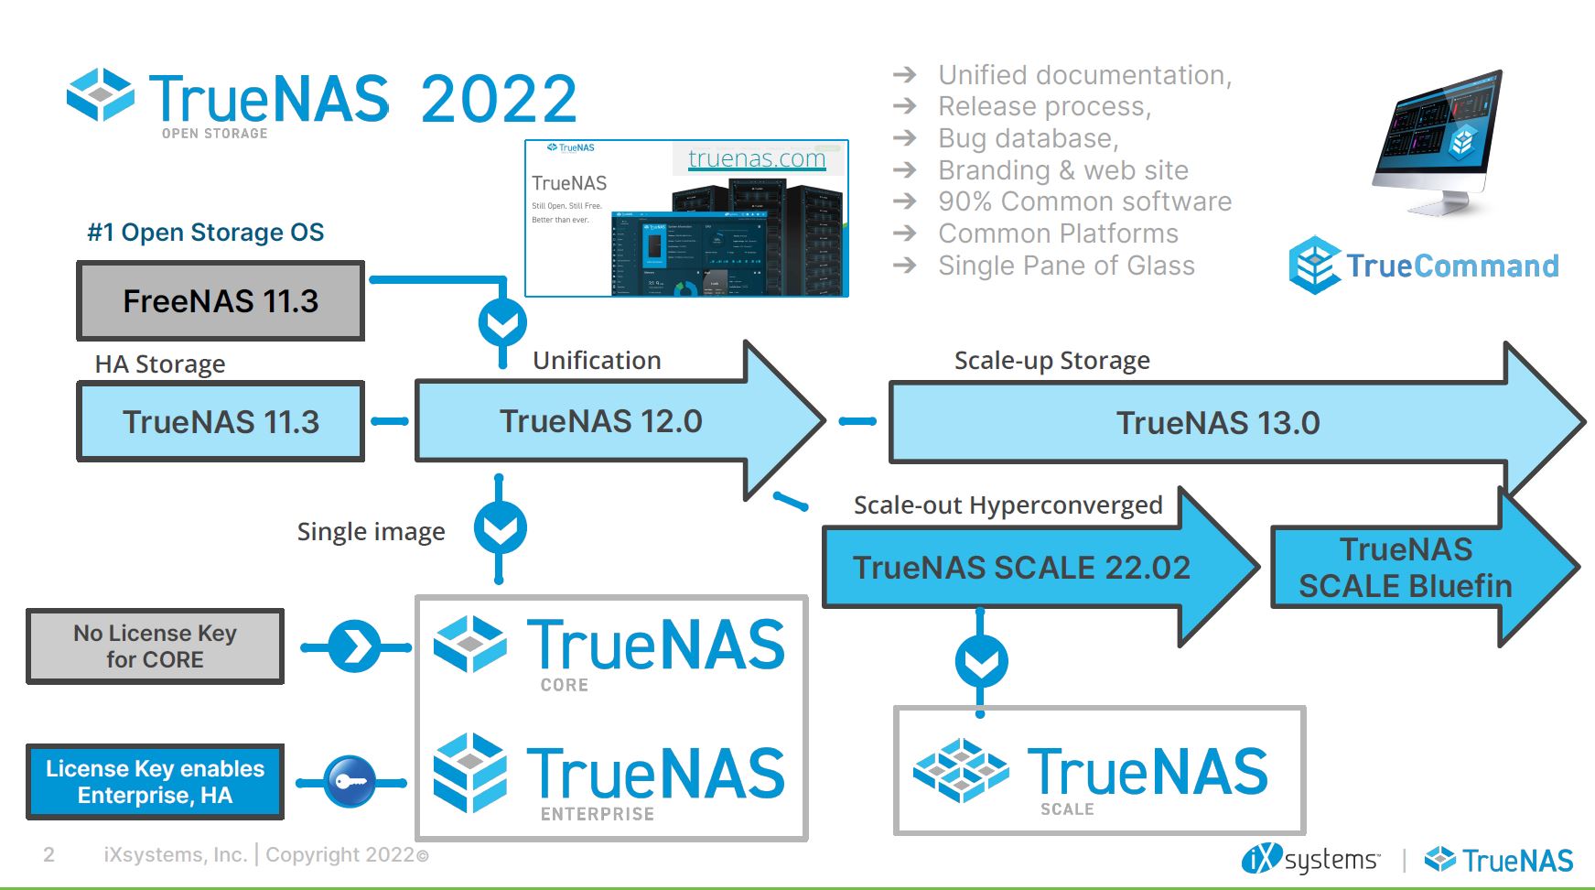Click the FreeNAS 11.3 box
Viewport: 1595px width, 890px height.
click(x=221, y=300)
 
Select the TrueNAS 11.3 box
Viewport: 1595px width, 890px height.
click(x=221, y=421)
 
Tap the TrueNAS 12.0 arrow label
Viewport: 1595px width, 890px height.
click(x=600, y=421)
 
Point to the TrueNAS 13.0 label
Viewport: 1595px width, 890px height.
click(x=1217, y=423)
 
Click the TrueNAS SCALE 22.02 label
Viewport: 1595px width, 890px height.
click(x=1021, y=568)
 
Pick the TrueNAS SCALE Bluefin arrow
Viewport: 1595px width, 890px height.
click(x=1405, y=568)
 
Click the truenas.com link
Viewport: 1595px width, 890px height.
click(x=757, y=158)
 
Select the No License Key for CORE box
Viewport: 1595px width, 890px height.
click(x=155, y=646)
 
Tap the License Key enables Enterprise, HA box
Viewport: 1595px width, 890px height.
click(x=155, y=781)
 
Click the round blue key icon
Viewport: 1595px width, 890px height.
click(x=350, y=782)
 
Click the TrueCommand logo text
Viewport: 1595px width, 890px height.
click(x=1451, y=266)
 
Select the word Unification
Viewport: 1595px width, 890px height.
click(x=597, y=361)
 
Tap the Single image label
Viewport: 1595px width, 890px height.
click(x=371, y=532)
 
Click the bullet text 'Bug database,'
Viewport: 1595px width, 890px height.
click(x=1028, y=138)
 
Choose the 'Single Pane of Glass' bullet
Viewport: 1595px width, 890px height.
click(x=1066, y=266)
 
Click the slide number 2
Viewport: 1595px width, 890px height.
click(x=48, y=855)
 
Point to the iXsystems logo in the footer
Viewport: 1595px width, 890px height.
click(x=1310, y=860)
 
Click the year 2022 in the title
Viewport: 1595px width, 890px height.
click(x=499, y=99)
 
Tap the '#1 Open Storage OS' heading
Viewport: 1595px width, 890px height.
click(x=205, y=233)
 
